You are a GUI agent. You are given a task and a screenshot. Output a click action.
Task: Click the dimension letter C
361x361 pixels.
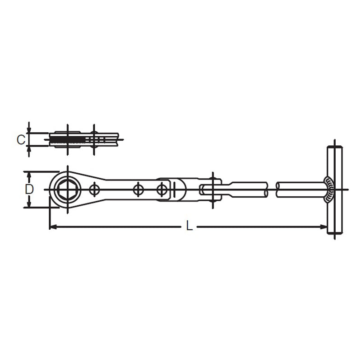point(21,139)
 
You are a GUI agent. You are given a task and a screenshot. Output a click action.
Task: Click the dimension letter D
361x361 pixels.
point(29,189)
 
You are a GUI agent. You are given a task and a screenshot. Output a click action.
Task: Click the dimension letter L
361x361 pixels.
point(190,226)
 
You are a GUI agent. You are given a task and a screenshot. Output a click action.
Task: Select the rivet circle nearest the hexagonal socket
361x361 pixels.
point(94,190)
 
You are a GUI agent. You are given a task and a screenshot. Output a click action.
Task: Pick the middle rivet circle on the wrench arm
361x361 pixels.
point(138,190)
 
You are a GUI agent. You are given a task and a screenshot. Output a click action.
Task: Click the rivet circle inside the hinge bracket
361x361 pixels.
point(162,190)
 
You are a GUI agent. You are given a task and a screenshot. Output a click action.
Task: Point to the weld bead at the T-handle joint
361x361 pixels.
point(329,190)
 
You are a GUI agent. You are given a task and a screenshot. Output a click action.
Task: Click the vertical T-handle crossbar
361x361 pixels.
point(335,190)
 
